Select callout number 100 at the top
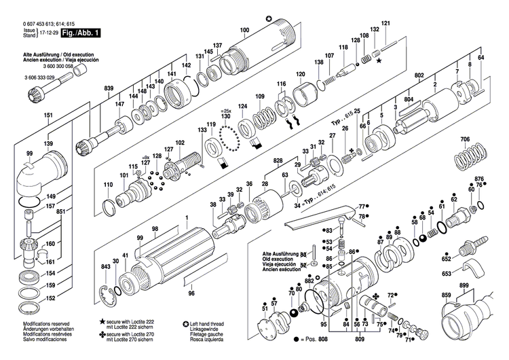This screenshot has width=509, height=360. (244, 30)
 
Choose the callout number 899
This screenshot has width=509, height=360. (464, 285)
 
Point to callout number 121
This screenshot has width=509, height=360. (386, 24)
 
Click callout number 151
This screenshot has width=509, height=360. (48, 116)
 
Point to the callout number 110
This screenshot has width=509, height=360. (108, 185)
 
